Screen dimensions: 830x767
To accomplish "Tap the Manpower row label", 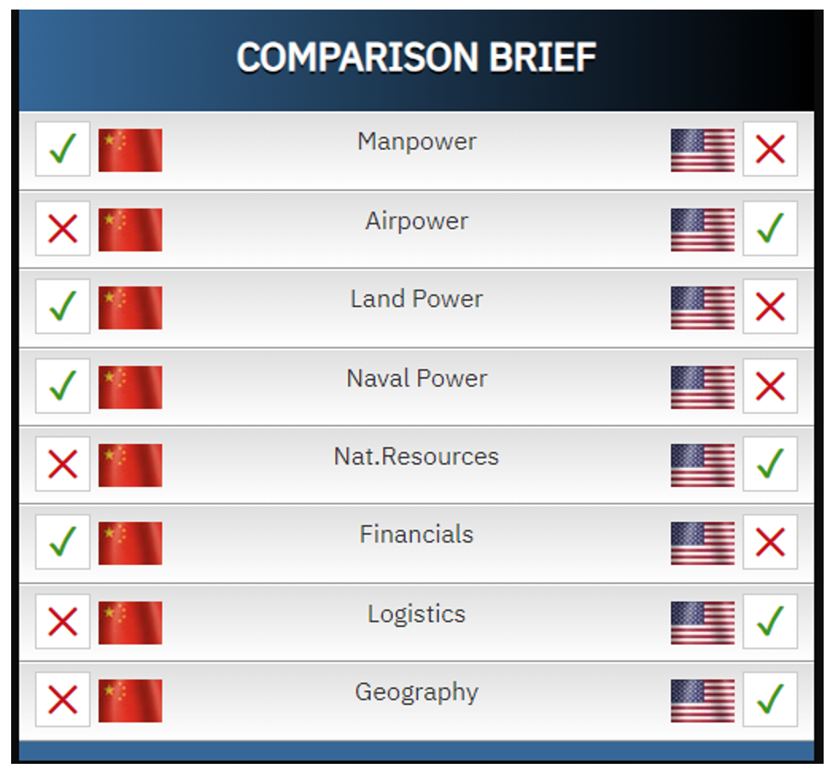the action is click(x=417, y=142).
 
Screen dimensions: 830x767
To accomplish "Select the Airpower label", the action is click(x=417, y=221).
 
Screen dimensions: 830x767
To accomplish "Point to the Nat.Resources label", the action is click(x=417, y=457).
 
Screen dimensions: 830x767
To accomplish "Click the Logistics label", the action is click(x=417, y=614).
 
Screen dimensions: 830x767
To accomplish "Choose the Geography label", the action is click(x=417, y=692).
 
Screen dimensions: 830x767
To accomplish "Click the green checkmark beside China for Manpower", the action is click(x=63, y=149).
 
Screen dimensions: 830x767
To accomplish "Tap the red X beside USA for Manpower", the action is click(x=770, y=149).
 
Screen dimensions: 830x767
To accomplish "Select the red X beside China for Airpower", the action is click(x=63, y=228).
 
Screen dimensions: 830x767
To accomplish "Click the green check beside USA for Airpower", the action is click(x=770, y=228).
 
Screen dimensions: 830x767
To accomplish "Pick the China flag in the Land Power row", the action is click(x=130, y=308).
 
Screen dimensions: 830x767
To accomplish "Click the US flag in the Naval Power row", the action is click(x=703, y=387).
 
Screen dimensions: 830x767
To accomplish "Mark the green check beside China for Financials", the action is click(x=63, y=542).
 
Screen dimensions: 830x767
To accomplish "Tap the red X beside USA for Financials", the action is click(x=770, y=543).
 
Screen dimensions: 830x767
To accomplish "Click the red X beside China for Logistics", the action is click(x=63, y=621).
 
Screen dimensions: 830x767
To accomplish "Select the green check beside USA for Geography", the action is click(x=770, y=699).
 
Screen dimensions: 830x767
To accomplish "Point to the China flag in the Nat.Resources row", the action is click(x=130, y=465).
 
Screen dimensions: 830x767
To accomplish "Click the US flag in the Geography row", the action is click(x=703, y=701).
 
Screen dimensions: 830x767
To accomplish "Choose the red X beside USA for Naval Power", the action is click(x=770, y=386).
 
